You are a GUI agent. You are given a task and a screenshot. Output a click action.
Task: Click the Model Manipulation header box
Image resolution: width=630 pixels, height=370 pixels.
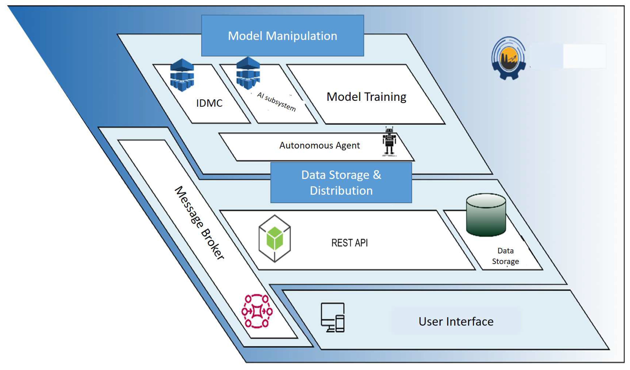[x=283, y=36]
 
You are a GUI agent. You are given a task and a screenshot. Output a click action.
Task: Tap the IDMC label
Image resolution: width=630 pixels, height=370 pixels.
[x=209, y=103]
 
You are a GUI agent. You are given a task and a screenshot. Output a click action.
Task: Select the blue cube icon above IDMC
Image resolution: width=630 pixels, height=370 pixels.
[x=182, y=75]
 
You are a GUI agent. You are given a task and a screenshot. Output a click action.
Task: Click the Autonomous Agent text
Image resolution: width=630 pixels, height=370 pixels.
[x=319, y=145]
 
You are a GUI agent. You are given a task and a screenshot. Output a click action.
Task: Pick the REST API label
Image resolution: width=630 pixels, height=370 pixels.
[x=350, y=243]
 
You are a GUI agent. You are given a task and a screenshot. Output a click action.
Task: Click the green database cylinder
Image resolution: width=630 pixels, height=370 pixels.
[x=486, y=215]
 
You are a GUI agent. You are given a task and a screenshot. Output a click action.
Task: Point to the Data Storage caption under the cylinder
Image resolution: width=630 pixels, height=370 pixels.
[x=506, y=256]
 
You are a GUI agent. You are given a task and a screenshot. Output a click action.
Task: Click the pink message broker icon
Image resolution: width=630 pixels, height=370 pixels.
[x=257, y=311]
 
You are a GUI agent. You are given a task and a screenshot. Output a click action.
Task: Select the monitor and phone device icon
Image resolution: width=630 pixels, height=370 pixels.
[x=333, y=318]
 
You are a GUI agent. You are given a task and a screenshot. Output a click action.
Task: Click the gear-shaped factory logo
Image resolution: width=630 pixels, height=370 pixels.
[x=509, y=58]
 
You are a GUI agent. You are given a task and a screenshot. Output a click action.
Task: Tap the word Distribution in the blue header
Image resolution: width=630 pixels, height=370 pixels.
[x=341, y=191]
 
